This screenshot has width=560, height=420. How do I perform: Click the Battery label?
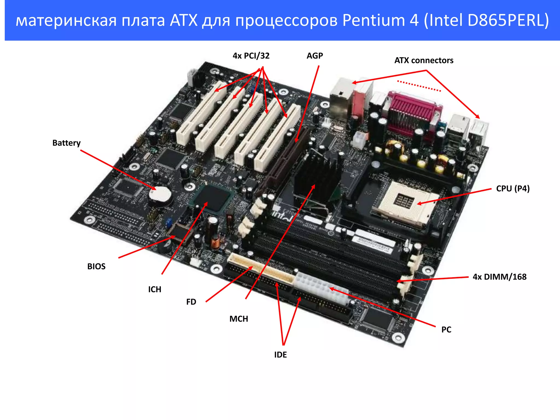66,143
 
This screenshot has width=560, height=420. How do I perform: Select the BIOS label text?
96,266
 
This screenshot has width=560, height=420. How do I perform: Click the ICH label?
154,289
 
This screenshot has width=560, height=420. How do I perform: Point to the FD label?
191,302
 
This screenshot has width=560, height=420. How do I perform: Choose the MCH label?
238,319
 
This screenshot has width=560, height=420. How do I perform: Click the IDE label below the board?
280,355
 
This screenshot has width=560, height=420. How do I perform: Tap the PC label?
446,329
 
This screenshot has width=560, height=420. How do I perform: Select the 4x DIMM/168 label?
500,277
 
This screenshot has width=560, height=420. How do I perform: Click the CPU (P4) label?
513,188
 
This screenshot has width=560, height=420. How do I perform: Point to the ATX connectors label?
424,60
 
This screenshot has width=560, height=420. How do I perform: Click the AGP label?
314,56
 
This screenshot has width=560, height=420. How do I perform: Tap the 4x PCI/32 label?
251,56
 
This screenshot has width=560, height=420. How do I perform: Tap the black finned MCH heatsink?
317,175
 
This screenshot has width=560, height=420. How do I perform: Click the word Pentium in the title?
373,20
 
